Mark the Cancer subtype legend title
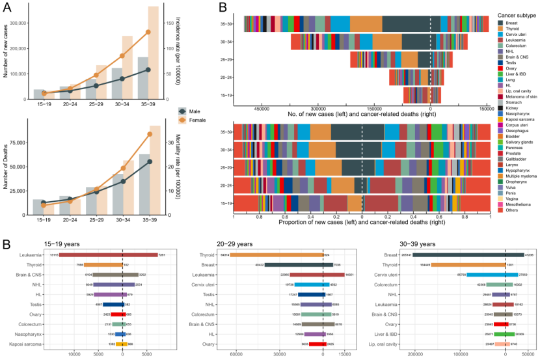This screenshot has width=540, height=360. [x=517, y=14]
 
